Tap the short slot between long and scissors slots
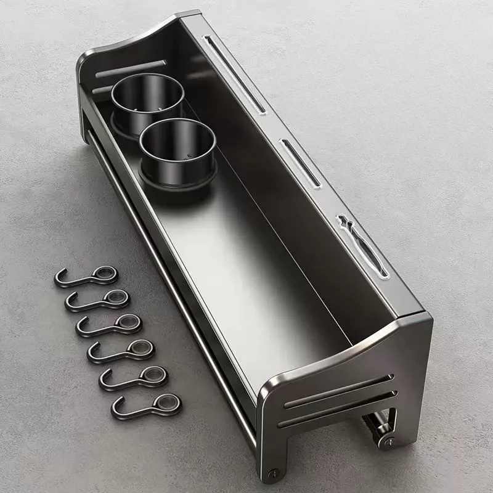(x=301, y=163)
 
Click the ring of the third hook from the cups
(x=128, y=321)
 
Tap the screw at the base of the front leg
(x=272, y=473)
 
